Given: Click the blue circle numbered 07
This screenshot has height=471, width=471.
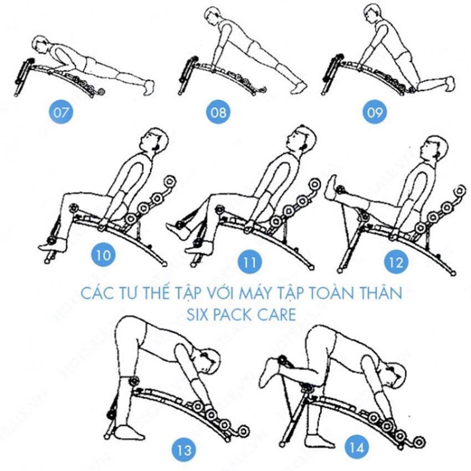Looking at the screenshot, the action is (x=61, y=112).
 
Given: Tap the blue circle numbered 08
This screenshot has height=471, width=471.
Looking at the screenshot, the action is (x=218, y=112).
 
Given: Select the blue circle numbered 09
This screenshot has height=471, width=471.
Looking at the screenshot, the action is (x=375, y=112).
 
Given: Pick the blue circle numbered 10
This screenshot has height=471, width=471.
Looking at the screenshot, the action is (x=103, y=255).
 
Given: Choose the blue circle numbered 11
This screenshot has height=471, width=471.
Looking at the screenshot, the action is (x=249, y=262).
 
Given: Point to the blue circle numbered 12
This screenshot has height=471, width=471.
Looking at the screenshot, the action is (x=396, y=262).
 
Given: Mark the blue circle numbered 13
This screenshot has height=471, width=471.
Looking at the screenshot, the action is (x=184, y=450).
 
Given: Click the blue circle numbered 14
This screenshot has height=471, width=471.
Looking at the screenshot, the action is (x=357, y=448).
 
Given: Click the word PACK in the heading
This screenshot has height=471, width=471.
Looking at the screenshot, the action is (x=233, y=315).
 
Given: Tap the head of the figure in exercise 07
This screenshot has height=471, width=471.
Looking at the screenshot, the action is (x=41, y=45).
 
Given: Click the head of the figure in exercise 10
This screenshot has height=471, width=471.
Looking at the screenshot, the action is (x=155, y=141).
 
